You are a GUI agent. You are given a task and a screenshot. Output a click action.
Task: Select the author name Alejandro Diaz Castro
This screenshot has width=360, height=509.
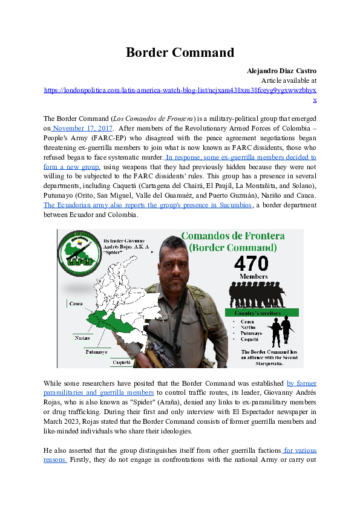click(281, 71)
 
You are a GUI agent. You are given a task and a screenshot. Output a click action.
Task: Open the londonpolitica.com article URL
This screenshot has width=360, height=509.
click(180, 89)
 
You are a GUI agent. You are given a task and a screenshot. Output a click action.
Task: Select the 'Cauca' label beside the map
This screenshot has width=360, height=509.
click(76, 303)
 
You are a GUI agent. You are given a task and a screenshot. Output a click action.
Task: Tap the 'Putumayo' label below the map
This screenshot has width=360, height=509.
click(96, 351)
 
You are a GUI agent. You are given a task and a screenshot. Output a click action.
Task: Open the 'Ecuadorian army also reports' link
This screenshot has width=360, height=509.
click(148, 205)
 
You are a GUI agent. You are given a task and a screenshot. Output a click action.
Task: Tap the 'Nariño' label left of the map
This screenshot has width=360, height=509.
click(83, 338)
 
